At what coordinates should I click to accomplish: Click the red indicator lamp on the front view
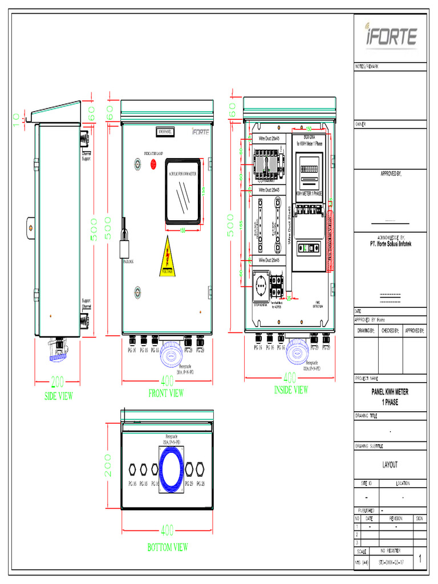point(153,165)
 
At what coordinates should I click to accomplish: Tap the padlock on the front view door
point(124,246)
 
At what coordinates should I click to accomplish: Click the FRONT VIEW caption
point(166,393)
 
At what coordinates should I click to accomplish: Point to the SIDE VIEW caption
point(59,396)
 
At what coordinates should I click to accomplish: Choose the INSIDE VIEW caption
point(290,390)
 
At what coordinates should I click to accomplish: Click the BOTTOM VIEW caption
point(167,547)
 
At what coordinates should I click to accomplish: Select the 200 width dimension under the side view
point(58,381)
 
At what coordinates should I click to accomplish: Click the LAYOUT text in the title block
point(390,465)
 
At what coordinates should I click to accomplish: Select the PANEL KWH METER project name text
point(390,392)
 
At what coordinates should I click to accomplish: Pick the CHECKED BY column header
point(390,330)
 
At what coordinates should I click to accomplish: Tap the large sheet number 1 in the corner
point(420,559)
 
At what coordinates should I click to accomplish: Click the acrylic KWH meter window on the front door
point(182,190)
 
